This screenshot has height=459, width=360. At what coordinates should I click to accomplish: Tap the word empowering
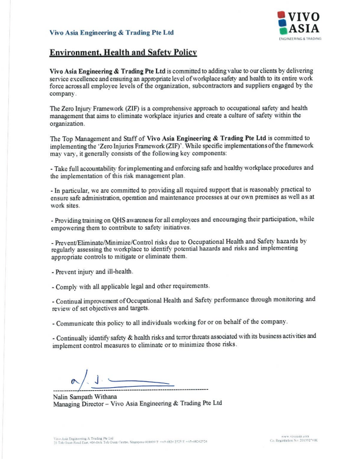(x=72, y=227)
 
